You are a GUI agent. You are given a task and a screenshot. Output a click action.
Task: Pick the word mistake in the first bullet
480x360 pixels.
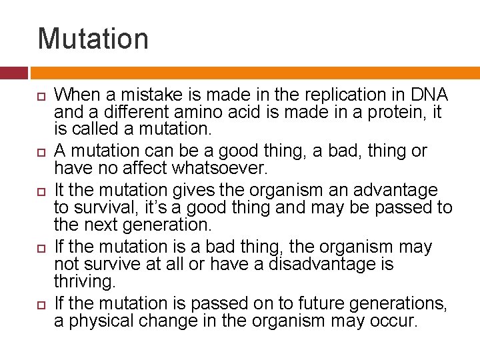click(x=154, y=95)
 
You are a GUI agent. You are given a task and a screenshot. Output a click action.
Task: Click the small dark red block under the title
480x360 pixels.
click(x=13, y=73)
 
